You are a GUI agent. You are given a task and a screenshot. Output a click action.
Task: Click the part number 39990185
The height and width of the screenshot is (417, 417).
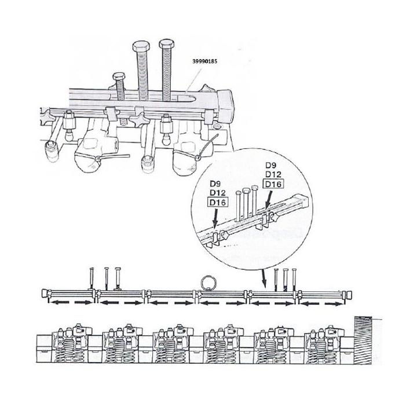tap(205, 61)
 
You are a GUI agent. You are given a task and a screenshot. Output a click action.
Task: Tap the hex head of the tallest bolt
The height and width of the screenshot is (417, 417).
tap(141, 46)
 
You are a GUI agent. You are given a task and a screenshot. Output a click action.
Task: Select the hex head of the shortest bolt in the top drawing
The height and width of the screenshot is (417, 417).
tap(119, 76)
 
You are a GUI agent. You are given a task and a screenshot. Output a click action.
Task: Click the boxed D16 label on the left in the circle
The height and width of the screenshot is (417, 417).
tap(218, 202)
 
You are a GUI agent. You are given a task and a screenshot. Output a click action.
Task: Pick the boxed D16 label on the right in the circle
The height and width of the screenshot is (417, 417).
tap(273, 184)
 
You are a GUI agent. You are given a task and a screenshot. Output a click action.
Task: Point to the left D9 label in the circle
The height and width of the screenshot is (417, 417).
tap(215, 184)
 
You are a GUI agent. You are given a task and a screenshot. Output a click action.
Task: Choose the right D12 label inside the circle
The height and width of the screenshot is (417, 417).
tap(273, 174)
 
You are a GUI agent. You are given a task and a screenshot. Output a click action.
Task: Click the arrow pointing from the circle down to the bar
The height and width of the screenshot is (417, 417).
tap(264, 279)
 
